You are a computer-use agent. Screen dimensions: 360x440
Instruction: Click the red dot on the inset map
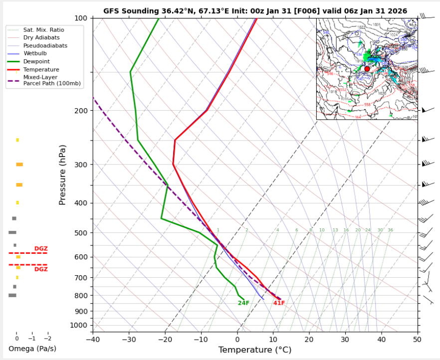tap(367, 69)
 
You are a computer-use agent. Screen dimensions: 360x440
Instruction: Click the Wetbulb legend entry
tap(35, 53)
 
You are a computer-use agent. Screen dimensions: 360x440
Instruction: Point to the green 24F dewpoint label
tap(243, 303)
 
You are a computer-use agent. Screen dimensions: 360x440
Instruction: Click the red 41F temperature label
tap(279, 303)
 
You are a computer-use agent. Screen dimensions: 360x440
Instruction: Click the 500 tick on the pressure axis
tap(81, 233)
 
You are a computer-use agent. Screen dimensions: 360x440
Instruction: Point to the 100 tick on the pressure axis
tap(81, 18)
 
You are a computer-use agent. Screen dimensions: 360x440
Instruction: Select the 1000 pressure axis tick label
tap(79, 326)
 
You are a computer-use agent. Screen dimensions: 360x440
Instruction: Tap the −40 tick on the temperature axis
tap(93, 339)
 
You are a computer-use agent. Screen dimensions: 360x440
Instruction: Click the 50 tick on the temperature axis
tap(417, 339)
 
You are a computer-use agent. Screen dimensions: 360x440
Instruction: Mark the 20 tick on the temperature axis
tap(309, 339)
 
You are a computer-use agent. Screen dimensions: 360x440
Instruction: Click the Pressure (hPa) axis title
tap(62, 175)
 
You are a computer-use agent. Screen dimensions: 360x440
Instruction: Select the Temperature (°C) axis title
tap(254, 350)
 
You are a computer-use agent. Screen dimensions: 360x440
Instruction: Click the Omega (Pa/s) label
tap(32, 349)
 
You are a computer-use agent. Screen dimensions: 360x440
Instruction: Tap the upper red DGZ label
tap(41, 248)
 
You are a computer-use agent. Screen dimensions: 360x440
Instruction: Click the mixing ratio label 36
tap(390, 230)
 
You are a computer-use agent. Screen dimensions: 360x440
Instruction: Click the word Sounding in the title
tap(134, 10)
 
